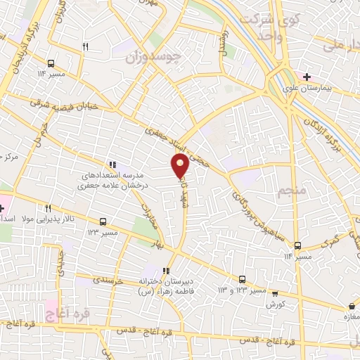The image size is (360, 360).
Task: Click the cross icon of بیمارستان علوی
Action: pyautogui.click(x=306, y=75)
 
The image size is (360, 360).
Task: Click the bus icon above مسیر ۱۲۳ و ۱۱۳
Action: pyautogui.click(x=243, y=278)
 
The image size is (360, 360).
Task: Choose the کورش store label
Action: pyautogui.click(x=274, y=304)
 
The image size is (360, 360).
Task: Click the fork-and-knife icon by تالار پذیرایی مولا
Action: pyautogui.click(x=48, y=208)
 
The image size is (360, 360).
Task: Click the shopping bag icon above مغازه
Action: pyautogui.click(x=351, y=307)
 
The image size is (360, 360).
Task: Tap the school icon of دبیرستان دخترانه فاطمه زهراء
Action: pyautogui.click(x=167, y=271)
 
